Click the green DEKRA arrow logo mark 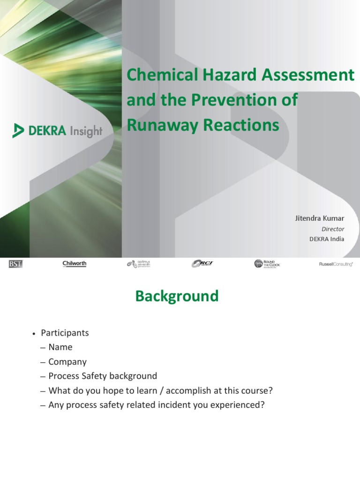pyautogui.click(x=18, y=130)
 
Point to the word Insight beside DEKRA pyautogui.click(x=86, y=131)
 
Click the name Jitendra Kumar pyautogui.click(x=319, y=218)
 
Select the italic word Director pyautogui.click(x=333, y=229)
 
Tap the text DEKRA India pyautogui.click(x=327, y=239)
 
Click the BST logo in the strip pyautogui.click(x=15, y=264)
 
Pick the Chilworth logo pyautogui.click(x=75, y=264)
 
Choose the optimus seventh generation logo pyautogui.click(x=138, y=264)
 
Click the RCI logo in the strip pyautogui.click(x=202, y=264)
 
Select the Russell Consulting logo pyautogui.click(x=336, y=264)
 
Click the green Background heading pyautogui.click(x=177, y=296)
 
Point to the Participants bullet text pyautogui.click(x=65, y=333)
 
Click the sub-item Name pyautogui.click(x=60, y=347)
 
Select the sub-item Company pyautogui.click(x=67, y=362)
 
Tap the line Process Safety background pyautogui.click(x=103, y=376)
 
